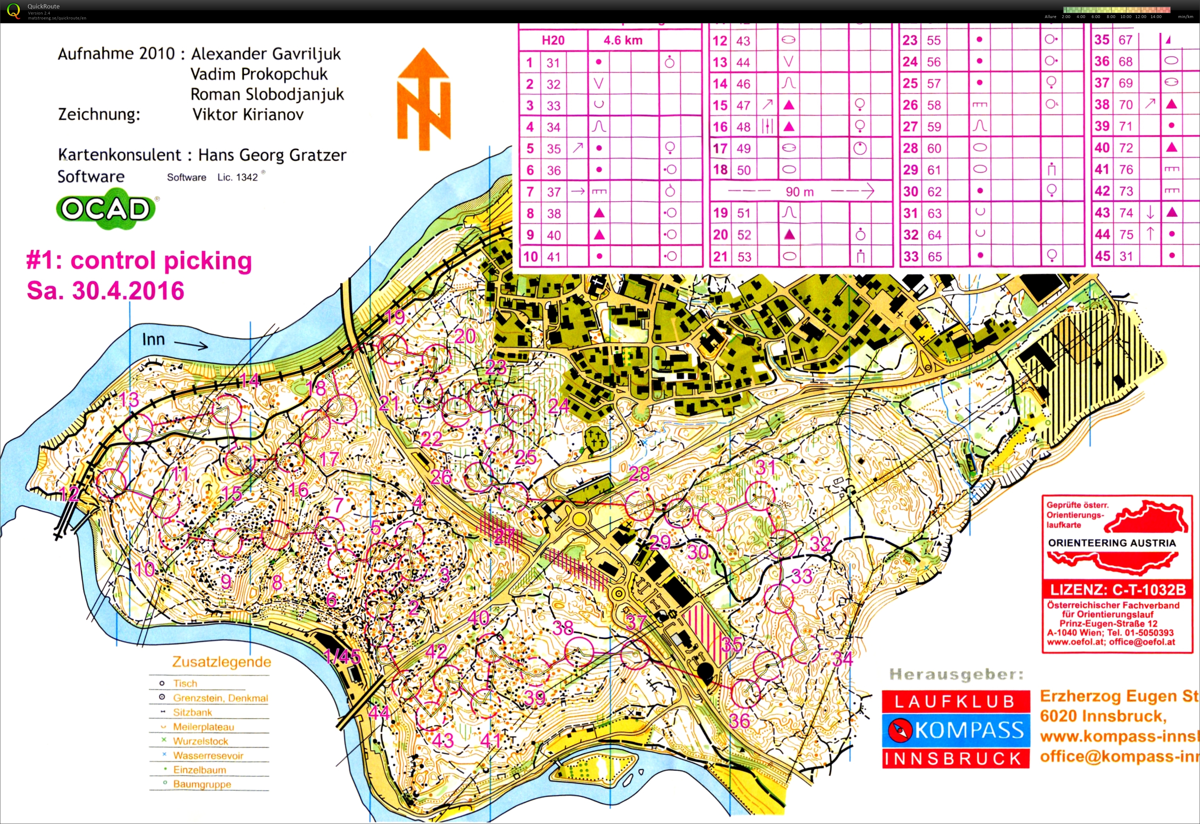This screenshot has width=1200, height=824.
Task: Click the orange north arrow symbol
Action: click(x=423, y=98)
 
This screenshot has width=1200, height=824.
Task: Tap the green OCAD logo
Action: click(x=106, y=209)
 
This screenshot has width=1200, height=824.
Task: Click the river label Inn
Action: click(x=153, y=339)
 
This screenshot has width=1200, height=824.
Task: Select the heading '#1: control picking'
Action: click(x=139, y=261)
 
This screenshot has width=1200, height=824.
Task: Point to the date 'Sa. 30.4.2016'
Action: click(x=106, y=291)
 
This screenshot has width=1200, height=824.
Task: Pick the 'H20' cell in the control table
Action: click(x=553, y=40)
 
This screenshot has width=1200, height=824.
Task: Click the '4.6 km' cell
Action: click(x=622, y=40)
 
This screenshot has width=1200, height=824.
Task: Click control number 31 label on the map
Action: click(x=765, y=467)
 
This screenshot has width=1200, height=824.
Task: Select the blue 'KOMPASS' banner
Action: click(x=956, y=730)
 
